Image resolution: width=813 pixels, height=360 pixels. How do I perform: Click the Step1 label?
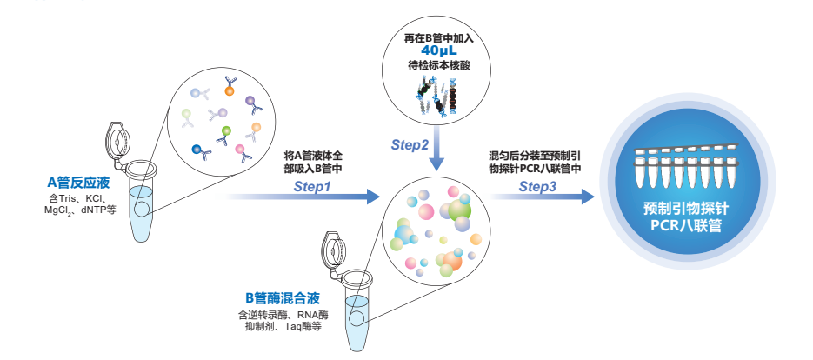(312, 186)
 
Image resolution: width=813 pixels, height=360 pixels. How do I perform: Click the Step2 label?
(410, 144)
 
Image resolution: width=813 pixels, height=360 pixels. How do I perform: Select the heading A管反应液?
(81, 183)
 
